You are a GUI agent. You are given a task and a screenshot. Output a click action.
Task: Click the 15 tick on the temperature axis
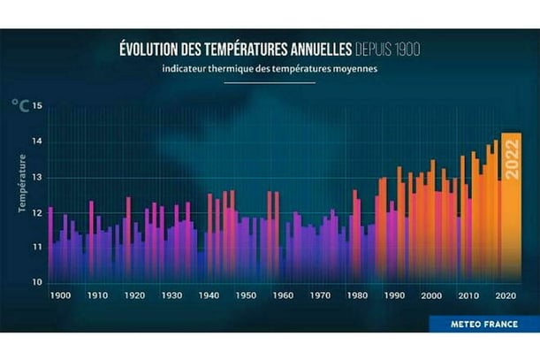click(x=36, y=106)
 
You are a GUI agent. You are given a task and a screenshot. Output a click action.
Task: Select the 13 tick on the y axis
click(x=36, y=177)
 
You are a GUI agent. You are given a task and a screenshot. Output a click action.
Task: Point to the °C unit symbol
click(x=19, y=105)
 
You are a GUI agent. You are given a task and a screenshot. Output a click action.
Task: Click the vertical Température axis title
click(x=20, y=184)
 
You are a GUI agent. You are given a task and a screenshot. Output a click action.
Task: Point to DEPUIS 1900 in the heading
click(x=387, y=48)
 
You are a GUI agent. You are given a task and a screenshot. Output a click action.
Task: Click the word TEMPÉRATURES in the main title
click(x=236, y=48)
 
